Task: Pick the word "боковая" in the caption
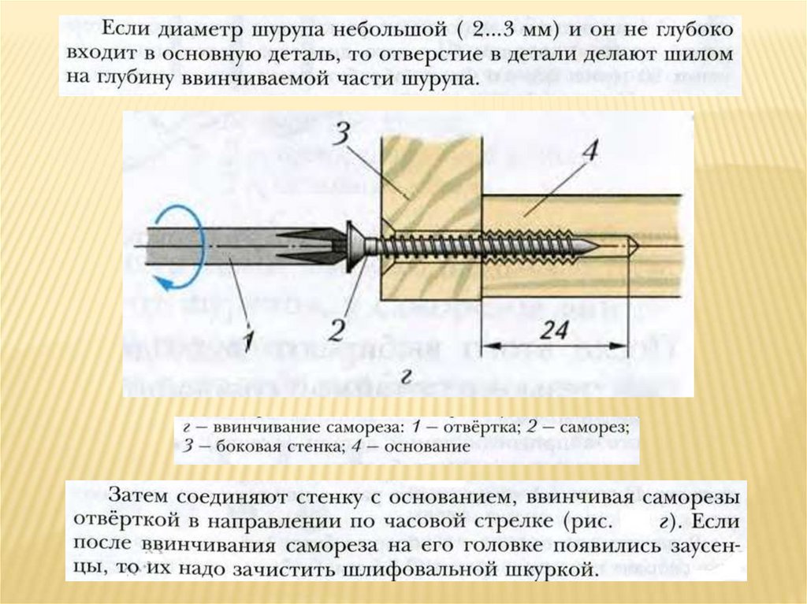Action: (x=225, y=446)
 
